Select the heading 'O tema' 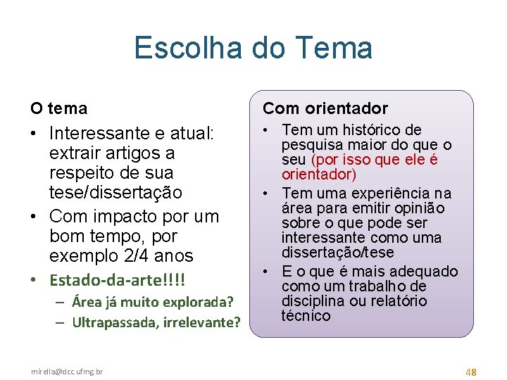click(x=58, y=108)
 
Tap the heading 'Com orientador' click(x=325, y=108)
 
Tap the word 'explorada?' click(x=198, y=303)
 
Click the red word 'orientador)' click(x=318, y=174)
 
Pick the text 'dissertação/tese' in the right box click(x=337, y=252)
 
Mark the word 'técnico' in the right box click(x=306, y=315)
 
